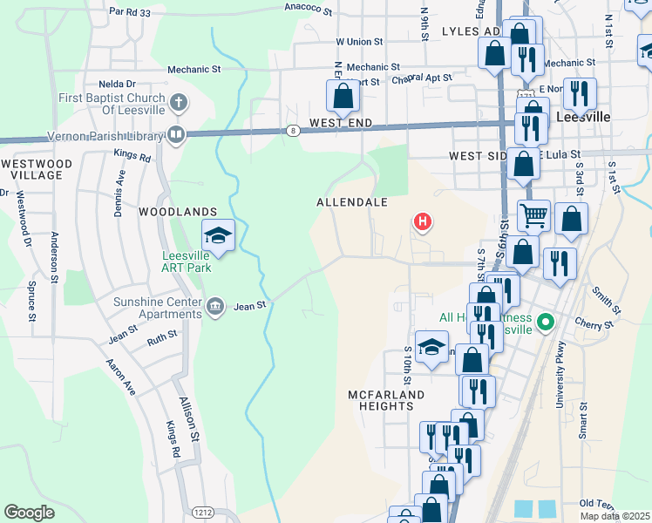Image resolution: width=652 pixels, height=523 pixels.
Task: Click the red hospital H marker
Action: tap(423, 223)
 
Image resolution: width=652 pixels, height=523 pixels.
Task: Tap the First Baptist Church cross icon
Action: tap(178, 103)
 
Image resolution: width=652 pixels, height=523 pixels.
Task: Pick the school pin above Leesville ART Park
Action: tap(218, 235)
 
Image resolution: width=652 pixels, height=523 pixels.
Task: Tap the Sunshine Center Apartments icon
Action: tap(216, 306)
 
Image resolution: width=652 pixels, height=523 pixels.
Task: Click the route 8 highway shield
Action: tap(294, 131)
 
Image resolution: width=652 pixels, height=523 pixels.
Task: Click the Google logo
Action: tap(29, 512)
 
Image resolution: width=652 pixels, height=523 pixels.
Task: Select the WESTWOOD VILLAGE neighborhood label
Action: tap(36, 169)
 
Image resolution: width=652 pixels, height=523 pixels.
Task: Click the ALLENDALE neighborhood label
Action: tap(351, 201)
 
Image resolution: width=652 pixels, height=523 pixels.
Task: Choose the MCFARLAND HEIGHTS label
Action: tap(386, 401)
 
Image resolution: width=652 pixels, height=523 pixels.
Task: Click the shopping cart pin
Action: tap(533, 214)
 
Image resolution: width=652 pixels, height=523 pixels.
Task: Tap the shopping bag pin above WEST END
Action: tap(343, 96)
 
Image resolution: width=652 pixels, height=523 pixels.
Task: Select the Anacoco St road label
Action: tap(309, 9)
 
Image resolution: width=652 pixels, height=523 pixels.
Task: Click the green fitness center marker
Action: tap(546, 323)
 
